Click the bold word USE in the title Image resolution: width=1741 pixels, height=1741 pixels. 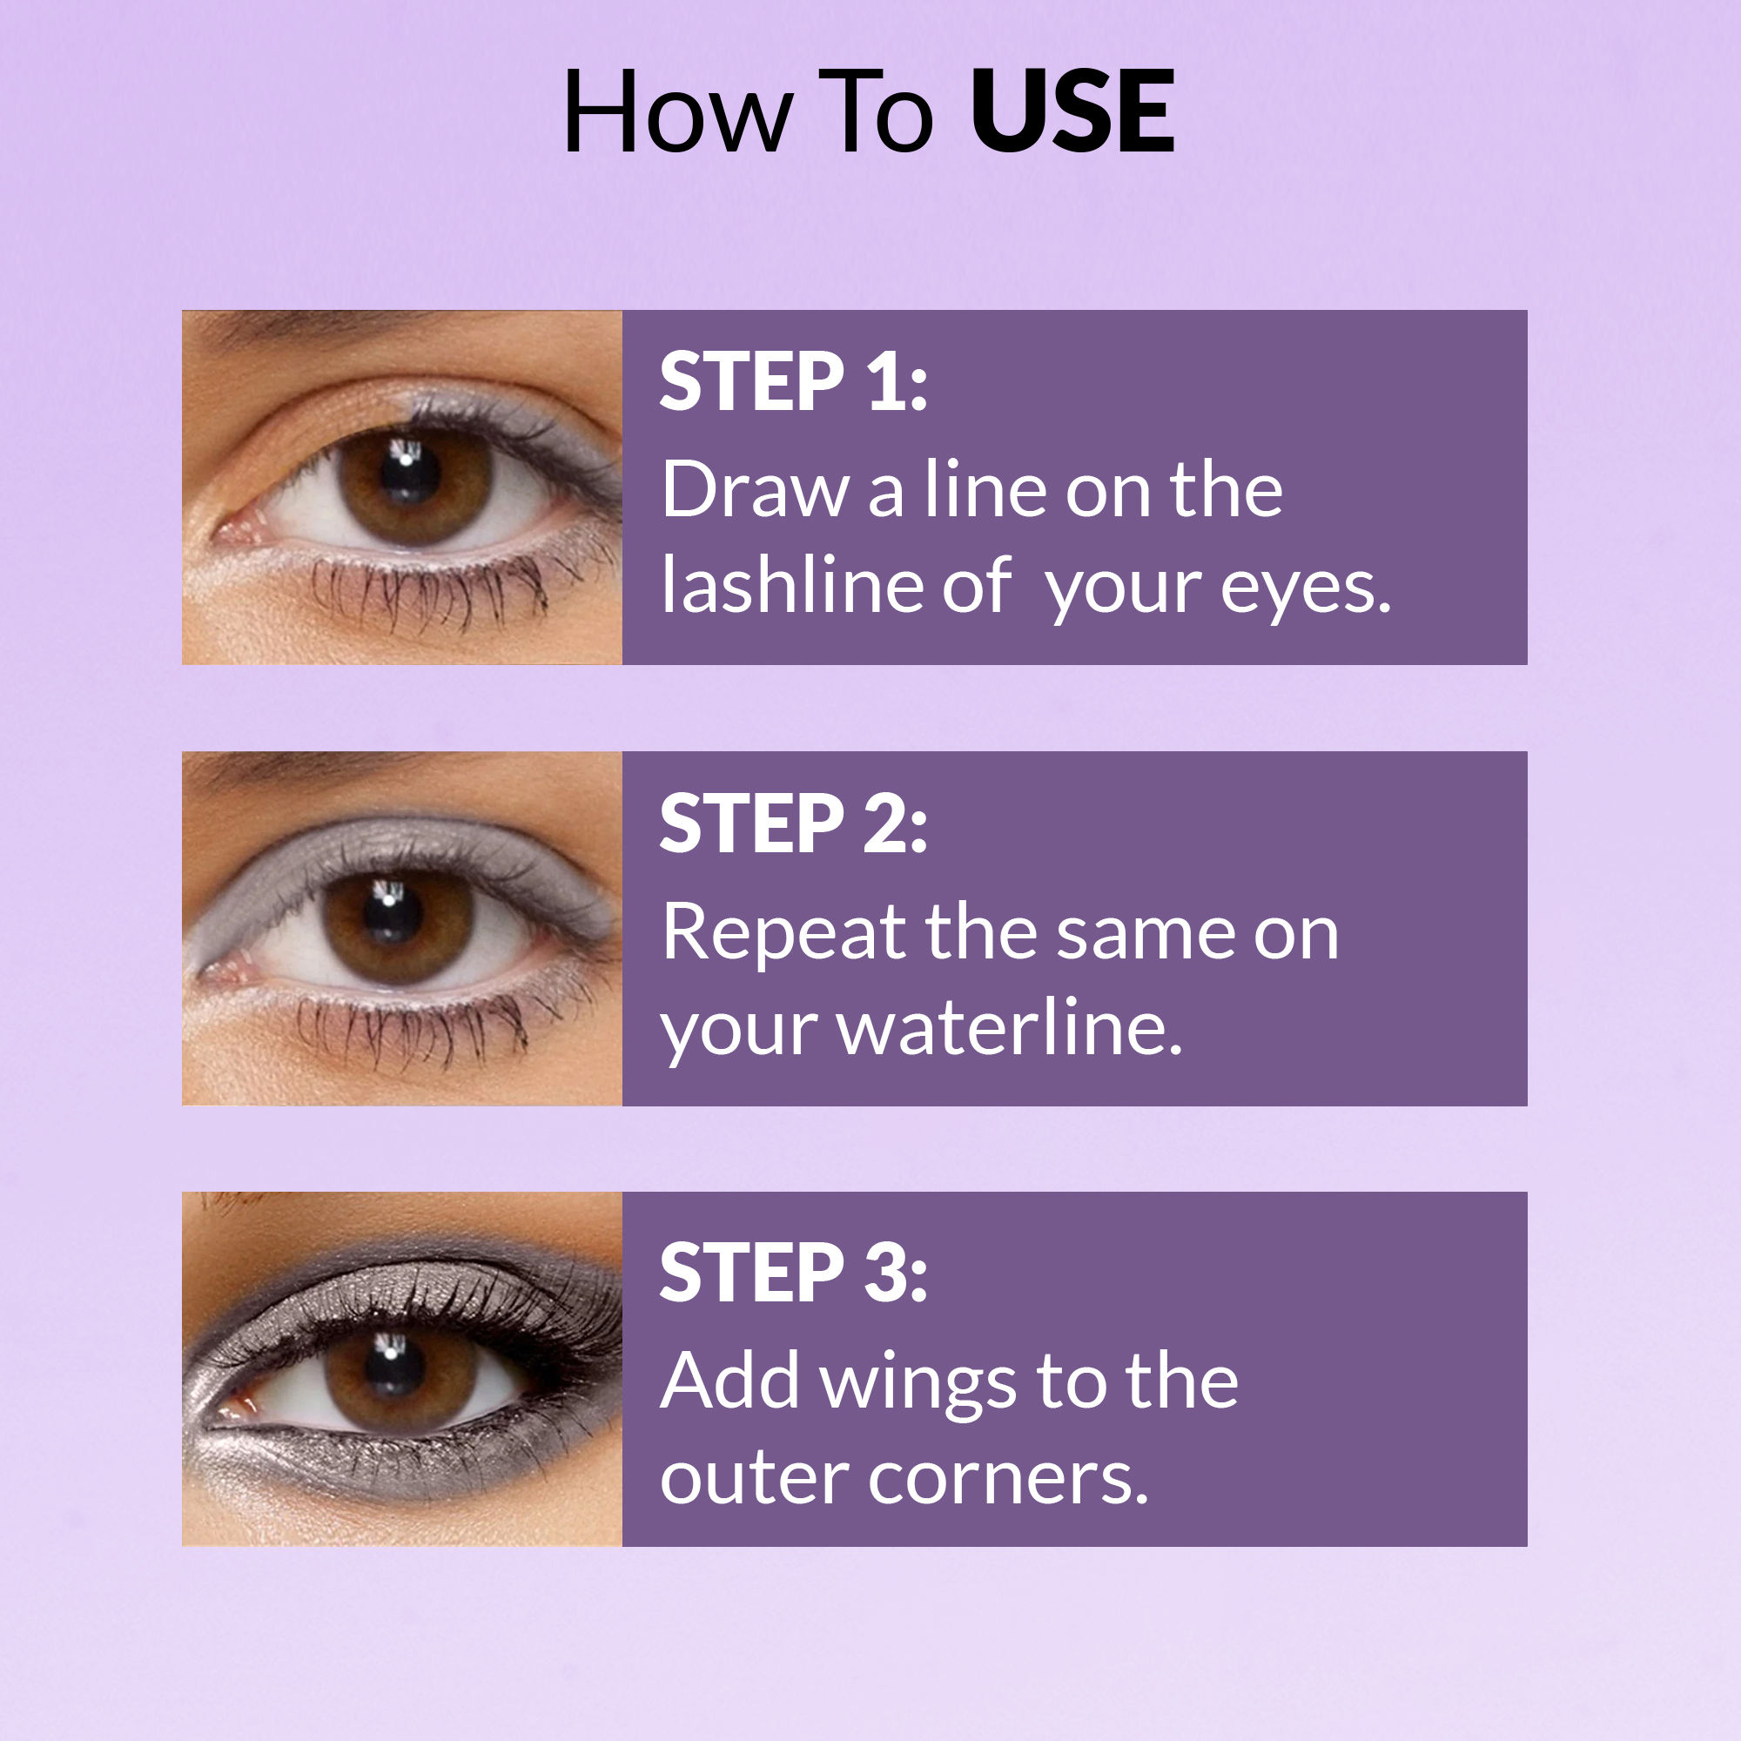(x=1072, y=112)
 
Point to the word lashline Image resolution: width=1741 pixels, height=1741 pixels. (x=791, y=586)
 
